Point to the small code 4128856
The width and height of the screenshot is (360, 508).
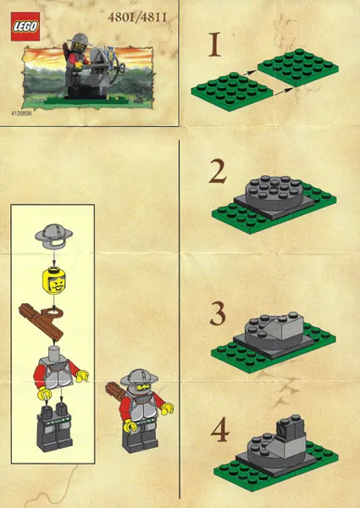(x=24, y=111)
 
